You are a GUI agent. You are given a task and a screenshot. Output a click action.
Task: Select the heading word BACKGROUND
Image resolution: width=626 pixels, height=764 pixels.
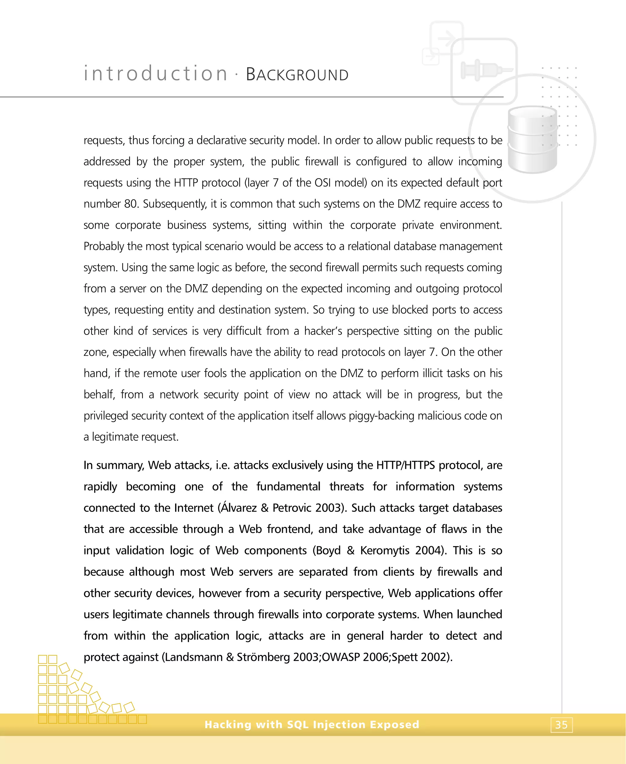coord(297,75)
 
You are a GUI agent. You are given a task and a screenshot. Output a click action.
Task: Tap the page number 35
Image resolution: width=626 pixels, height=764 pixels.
coord(562,725)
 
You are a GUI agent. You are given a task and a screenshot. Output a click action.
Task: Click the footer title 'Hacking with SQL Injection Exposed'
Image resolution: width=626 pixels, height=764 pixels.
coord(312,724)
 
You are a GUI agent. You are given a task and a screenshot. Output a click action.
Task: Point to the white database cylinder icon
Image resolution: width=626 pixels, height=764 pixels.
coord(532,140)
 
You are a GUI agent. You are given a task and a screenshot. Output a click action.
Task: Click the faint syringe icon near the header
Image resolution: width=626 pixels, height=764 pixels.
coord(485,70)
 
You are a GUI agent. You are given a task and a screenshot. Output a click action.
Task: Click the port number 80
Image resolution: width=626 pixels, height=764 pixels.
coord(130,204)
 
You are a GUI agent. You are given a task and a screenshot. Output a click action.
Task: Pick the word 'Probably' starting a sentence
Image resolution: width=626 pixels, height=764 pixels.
coord(104,246)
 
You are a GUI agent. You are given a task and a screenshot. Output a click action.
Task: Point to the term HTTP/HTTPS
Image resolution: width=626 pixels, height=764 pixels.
coord(406,465)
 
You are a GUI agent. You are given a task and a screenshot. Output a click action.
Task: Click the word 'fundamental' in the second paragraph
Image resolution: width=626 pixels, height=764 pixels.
coord(288,487)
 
